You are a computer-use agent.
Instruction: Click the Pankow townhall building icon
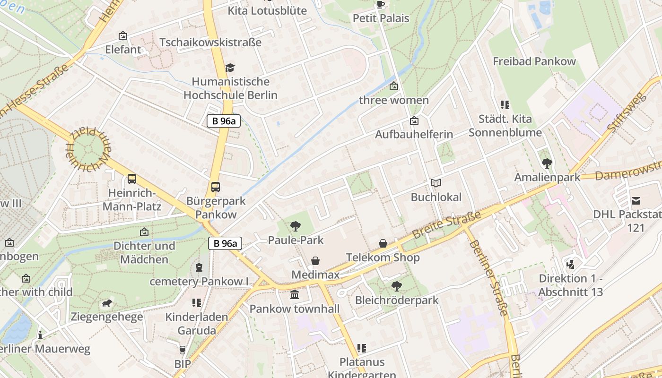point(295,295)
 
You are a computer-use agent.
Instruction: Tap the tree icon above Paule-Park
point(296,226)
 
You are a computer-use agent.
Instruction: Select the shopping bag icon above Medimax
point(315,261)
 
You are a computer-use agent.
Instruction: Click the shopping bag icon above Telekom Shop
point(383,243)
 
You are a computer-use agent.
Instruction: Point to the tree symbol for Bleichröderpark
point(397,286)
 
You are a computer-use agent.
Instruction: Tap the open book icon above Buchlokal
point(436,183)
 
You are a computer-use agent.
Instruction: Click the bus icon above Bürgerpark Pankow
point(216,187)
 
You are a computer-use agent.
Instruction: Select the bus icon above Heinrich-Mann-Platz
point(132,179)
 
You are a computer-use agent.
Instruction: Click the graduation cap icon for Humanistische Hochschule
point(230,68)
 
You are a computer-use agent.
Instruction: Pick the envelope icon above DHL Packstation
point(636,200)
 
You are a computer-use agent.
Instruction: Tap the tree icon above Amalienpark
point(547,163)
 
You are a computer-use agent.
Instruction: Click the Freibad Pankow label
point(534,61)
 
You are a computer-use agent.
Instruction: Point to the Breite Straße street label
point(446,224)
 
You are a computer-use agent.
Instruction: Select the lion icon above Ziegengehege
point(107,303)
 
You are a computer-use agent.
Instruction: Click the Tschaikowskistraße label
point(210,42)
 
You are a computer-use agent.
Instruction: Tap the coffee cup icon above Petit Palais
point(381,5)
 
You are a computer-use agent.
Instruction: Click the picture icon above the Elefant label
point(123,35)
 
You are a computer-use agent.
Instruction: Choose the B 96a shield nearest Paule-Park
point(225,243)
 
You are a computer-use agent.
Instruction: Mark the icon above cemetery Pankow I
point(199,267)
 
